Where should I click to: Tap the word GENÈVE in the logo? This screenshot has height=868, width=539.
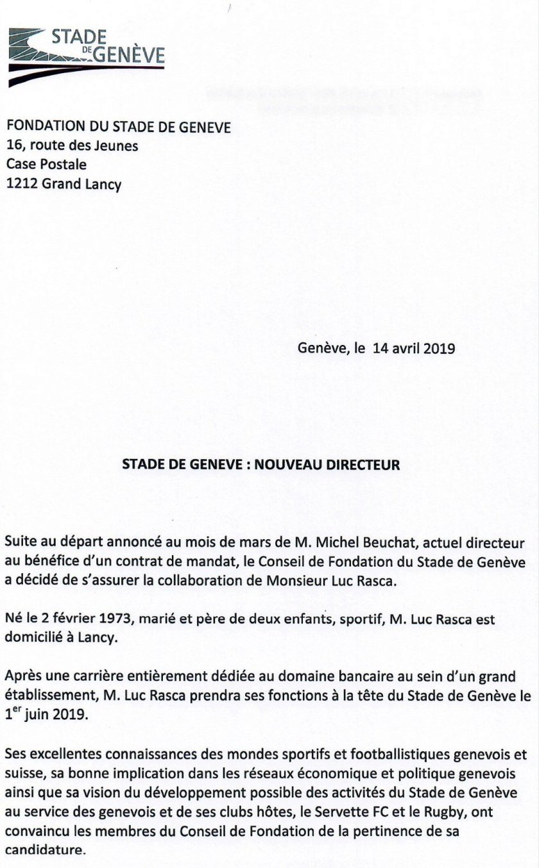point(129,57)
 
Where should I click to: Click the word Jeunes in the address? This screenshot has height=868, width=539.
point(117,146)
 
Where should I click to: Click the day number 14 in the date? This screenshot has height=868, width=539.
point(380,349)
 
